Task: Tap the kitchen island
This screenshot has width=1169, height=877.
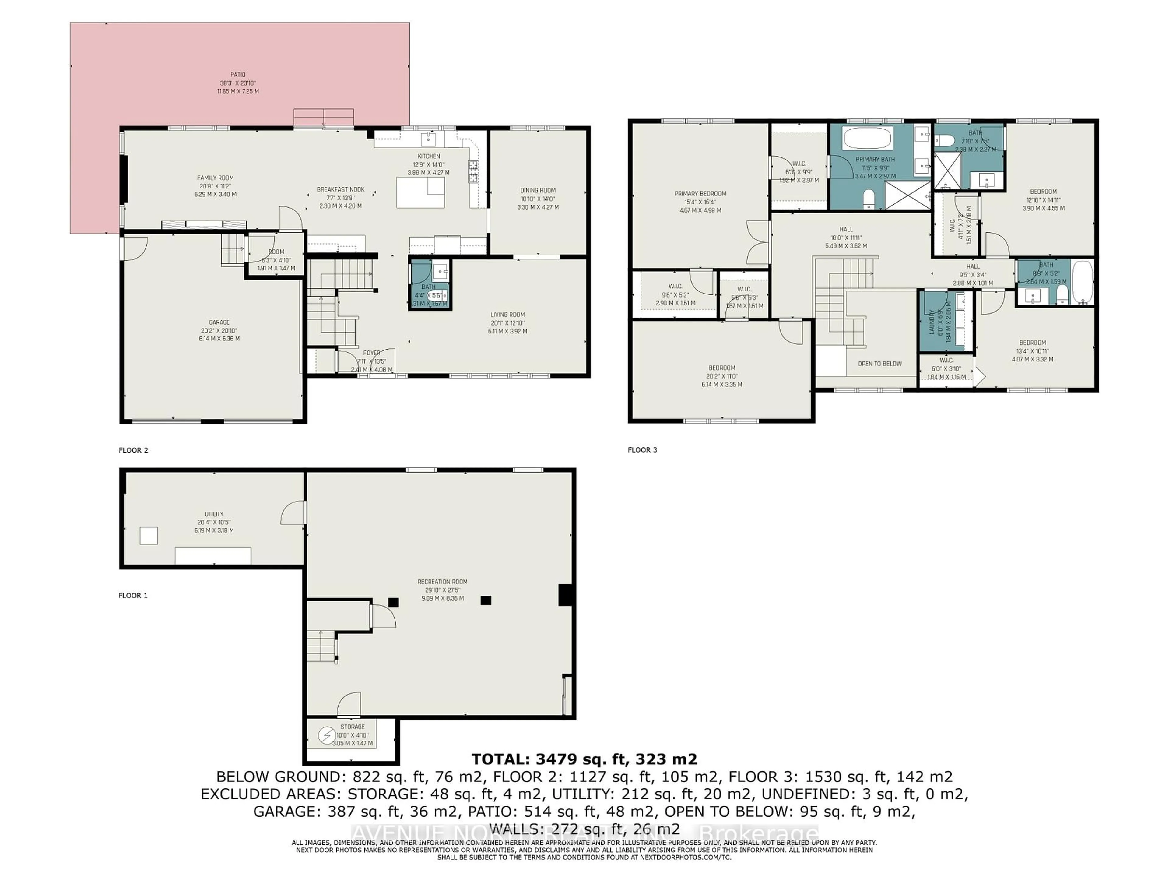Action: [421, 192]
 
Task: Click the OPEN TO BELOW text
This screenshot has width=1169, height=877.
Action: [879, 364]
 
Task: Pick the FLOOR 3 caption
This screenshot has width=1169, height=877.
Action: [642, 450]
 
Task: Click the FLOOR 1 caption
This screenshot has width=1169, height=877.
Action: [133, 595]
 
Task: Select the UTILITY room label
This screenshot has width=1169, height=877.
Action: [214, 514]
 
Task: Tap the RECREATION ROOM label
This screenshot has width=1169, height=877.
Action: [442, 582]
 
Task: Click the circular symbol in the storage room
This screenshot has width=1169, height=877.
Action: [326, 735]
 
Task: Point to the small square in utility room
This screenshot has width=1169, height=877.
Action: [149, 536]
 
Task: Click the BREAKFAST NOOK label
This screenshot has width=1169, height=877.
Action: [340, 190]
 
